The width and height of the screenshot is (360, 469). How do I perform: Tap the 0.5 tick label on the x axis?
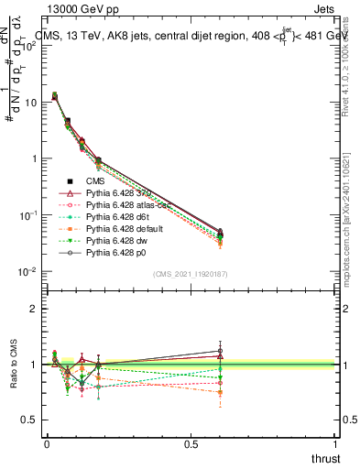tap(191, 443)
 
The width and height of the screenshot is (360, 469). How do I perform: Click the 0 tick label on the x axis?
tap(47, 443)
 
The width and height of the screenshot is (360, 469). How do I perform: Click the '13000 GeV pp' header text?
tap(81, 10)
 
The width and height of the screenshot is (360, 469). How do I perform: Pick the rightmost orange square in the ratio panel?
tap(220, 392)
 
